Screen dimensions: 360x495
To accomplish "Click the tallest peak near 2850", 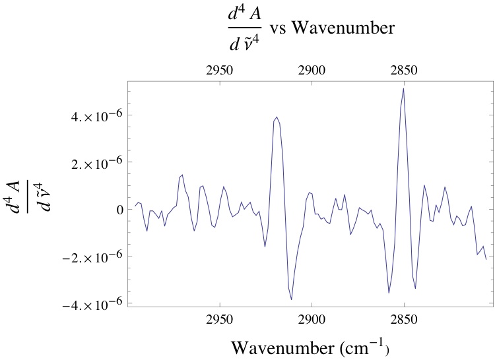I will coord(403,88).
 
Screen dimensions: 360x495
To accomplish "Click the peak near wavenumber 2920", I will coord(277,117).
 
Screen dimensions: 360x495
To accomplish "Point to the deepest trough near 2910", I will coord(291,299).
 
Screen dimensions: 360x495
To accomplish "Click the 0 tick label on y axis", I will coord(120,209).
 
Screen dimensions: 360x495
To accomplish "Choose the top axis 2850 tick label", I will coord(403,69).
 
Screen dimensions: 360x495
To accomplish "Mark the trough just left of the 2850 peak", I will coord(389,293).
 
